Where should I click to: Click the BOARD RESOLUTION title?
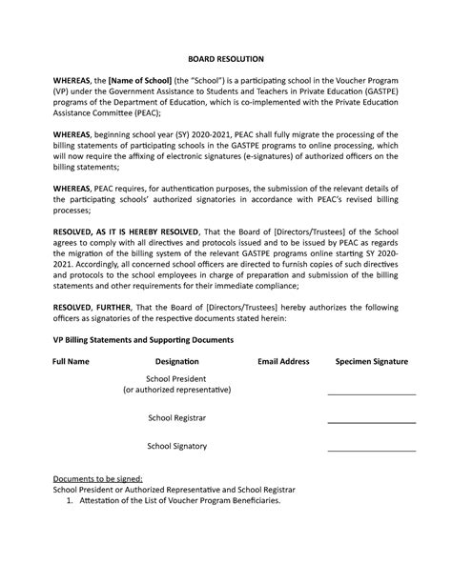(x=225, y=58)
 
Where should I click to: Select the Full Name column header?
(x=72, y=363)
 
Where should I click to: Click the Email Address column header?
(x=283, y=363)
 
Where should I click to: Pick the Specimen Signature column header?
(x=372, y=363)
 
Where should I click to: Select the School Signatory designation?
(x=176, y=446)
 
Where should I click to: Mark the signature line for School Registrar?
(x=372, y=422)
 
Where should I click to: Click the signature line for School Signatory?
(x=372, y=451)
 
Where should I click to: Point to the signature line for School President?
(x=372, y=393)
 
